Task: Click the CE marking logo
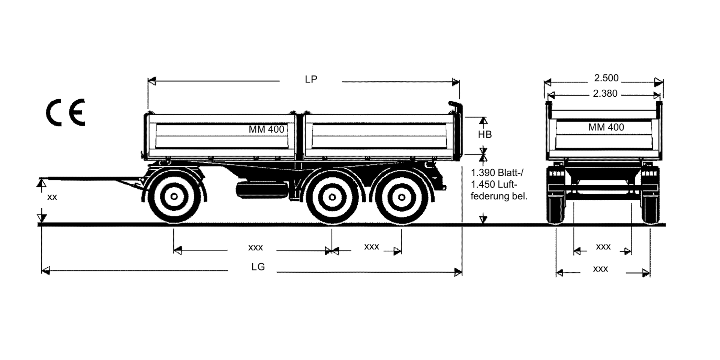(x=66, y=112)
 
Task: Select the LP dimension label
(x=311, y=79)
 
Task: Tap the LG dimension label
(x=258, y=267)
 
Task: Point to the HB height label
(x=484, y=135)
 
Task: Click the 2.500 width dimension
(x=606, y=78)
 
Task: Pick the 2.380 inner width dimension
(x=605, y=94)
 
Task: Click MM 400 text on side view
(x=266, y=129)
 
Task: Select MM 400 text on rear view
(x=606, y=127)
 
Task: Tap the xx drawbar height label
(x=52, y=197)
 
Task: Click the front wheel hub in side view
(x=174, y=196)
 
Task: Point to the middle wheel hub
(x=332, y=197)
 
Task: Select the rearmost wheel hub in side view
(x=401, y=197)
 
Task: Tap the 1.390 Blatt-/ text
(x=499, y=173)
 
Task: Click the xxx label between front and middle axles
(x=255, y=248)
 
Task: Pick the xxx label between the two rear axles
(x=372, y=247)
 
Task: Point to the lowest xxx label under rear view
(x=600, y=269)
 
